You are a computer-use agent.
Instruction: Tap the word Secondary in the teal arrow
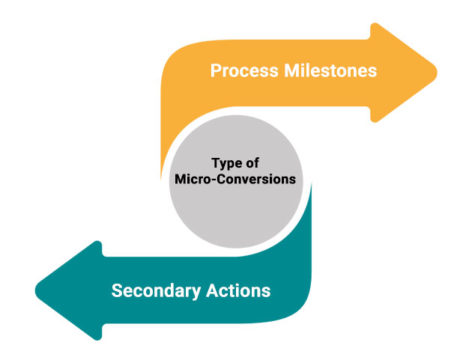point(156,291)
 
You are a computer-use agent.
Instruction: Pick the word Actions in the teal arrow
point(241,291)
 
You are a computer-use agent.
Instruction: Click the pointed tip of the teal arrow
point(37,290)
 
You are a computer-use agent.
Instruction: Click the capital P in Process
point(215,72)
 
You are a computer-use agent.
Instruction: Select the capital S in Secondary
point(116,291)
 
